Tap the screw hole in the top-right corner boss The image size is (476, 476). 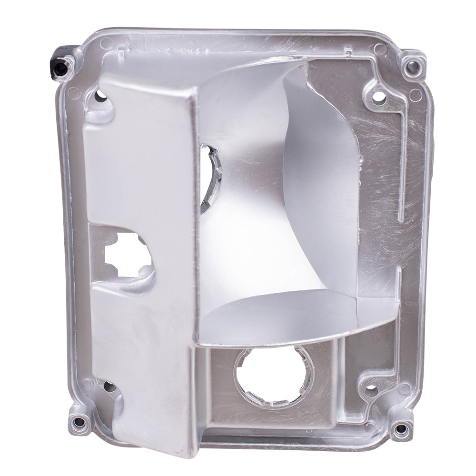point(410,68)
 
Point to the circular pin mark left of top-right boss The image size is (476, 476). point(380,49)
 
